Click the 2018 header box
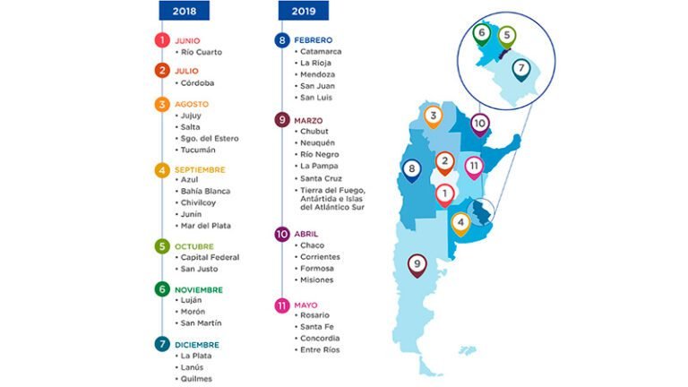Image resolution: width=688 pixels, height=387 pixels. click(185, 11)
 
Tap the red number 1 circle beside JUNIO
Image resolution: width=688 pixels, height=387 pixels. click(161, 40)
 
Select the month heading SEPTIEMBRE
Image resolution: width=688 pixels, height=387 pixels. click(200, 169)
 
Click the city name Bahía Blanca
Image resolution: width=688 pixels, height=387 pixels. click(205, 191)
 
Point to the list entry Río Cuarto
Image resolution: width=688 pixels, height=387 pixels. click(201, 52)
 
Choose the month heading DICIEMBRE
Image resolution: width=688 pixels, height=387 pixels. click(197, 344)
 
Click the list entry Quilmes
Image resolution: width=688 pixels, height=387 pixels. click(196, 378)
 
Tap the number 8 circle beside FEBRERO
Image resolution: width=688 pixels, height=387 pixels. click(281, 40)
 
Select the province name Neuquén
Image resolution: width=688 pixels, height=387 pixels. click(318, 142)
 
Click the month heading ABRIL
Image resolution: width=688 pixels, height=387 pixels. click(307, 234)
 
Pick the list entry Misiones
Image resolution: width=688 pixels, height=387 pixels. click(318, 279)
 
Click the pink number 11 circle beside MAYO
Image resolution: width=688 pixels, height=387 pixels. click(281, 305)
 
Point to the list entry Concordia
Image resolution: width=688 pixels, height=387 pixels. click(320, 338)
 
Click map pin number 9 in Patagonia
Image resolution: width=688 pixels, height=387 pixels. click(417, 264)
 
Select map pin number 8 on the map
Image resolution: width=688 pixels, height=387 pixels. click(411, 168)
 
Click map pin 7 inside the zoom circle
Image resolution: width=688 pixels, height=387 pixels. click(520, 68)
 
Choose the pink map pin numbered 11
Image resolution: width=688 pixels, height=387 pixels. click(474, 167)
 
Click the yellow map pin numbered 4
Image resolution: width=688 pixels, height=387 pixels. click(460, 222)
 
